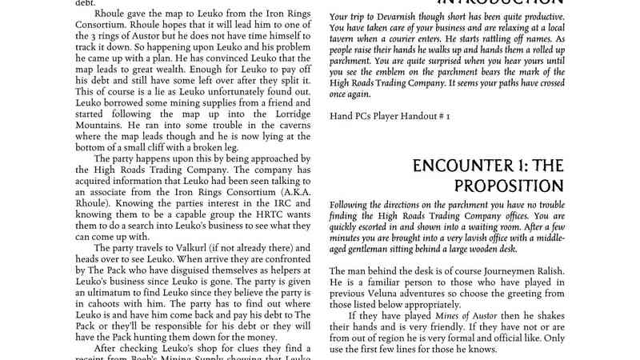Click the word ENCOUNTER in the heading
point(466,166)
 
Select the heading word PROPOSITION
point(509,186)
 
